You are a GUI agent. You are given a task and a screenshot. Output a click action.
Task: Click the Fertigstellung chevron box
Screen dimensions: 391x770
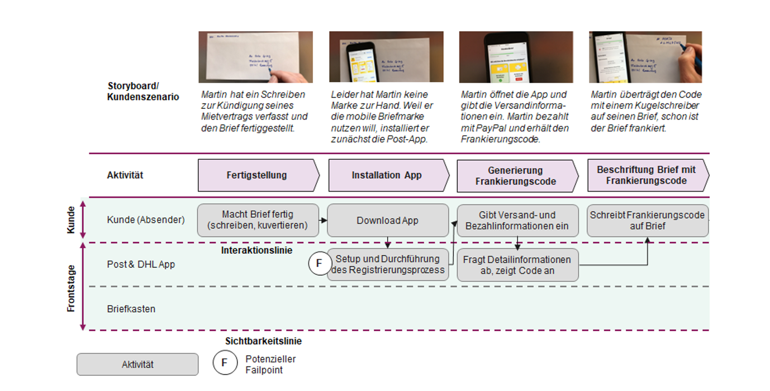pos(258,175)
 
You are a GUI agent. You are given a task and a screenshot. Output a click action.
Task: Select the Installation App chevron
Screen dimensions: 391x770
pos(387,175)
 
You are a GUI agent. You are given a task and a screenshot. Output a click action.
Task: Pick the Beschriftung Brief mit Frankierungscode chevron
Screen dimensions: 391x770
pos(647,175)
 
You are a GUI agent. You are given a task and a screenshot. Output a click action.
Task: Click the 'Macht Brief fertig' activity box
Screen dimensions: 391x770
pos(258,220)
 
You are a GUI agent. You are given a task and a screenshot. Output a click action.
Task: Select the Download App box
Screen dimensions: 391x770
pos(388,220)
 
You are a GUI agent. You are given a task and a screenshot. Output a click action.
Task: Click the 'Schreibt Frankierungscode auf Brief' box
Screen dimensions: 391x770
pos(647,220)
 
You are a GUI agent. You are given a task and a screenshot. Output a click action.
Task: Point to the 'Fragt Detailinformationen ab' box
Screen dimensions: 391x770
pos(517,265)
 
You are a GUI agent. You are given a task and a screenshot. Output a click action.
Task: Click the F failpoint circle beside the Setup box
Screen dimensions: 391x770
pos(320,263)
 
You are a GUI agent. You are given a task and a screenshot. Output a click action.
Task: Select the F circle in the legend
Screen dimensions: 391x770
pos(224,363)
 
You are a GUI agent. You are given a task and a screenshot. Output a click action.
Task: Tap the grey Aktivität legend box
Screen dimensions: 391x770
pos(137,364)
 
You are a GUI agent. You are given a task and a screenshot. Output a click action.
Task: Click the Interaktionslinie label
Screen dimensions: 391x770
pos(256,250)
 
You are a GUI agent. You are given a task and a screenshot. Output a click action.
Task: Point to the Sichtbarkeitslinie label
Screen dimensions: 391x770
pos(263,341)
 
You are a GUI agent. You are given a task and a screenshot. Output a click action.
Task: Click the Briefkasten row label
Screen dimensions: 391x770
pos(131,309)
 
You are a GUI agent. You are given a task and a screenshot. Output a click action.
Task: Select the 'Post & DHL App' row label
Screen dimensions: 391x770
pos(141,264)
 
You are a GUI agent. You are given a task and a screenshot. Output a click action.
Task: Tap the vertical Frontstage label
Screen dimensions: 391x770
pos(71,288)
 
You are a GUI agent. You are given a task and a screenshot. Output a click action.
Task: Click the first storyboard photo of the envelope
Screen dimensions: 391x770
pos(255,57)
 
